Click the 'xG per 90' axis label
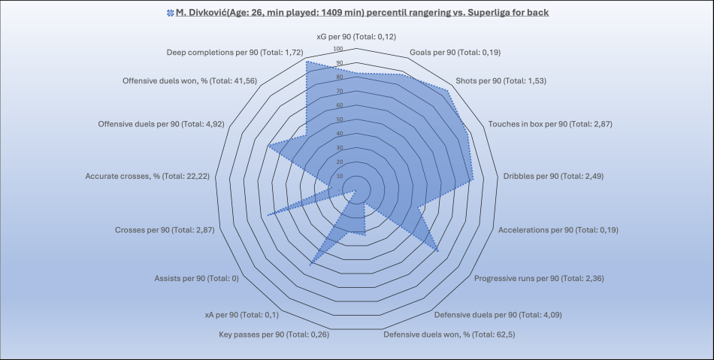click(x=356, y=35)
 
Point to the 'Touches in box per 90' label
click(x=550, y=124)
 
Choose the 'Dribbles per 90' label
click(x=552, y=176)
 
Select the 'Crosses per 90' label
click(x=165, y=230)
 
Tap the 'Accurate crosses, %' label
click(x=147, y=176)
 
